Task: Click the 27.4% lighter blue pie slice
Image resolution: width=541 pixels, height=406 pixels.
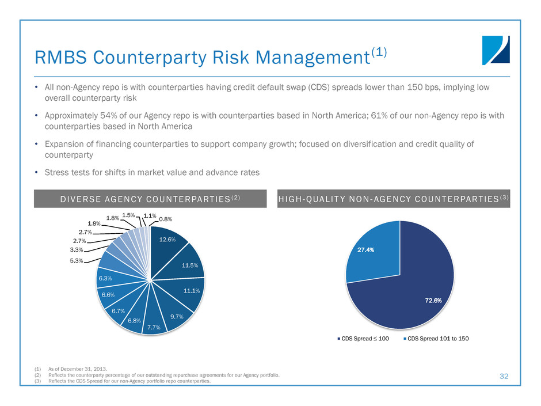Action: [x=367, y=251]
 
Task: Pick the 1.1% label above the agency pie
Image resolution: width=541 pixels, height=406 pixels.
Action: [x=150, y=215]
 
